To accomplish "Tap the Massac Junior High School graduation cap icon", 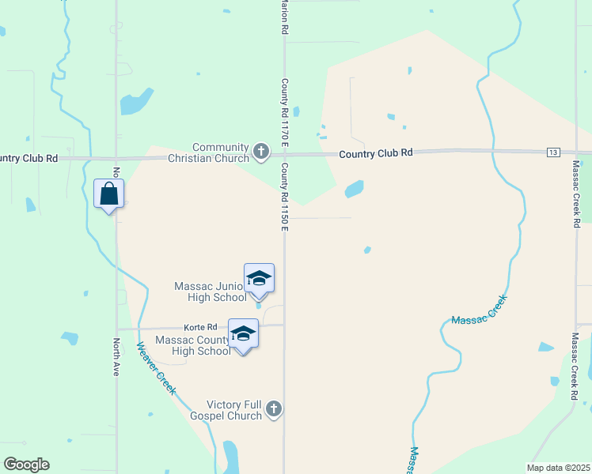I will coord(259,279).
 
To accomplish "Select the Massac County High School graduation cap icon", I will coord(243,334).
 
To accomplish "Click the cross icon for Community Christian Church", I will coord(261,150).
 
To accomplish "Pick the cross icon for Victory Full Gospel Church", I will coord(273,408).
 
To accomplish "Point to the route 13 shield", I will coord(552,152).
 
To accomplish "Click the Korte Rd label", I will coord(200,327).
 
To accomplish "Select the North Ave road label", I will coord(116,356).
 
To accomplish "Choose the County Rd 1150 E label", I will coord(283,197).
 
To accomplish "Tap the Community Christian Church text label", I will coord(221,152).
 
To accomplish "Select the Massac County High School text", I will coord(193,345).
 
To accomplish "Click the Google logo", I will coord(26,465).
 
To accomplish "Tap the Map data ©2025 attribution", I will coord(558,468).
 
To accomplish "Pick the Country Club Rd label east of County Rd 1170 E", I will coord(376,152).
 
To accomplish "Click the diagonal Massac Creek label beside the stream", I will coord(478,309).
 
